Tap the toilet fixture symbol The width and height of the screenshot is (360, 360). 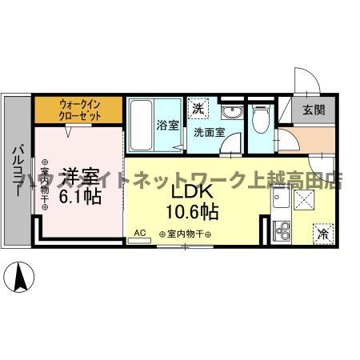point(259,119)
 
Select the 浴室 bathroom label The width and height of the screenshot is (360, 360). point(168,126)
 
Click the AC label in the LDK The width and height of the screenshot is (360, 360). point(139,232)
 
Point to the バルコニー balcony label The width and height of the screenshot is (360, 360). point(17,169)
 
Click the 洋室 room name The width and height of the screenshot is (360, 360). point(81,174)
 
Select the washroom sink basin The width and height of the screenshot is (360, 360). point(231,111)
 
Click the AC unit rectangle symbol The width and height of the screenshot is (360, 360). point(139,239)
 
